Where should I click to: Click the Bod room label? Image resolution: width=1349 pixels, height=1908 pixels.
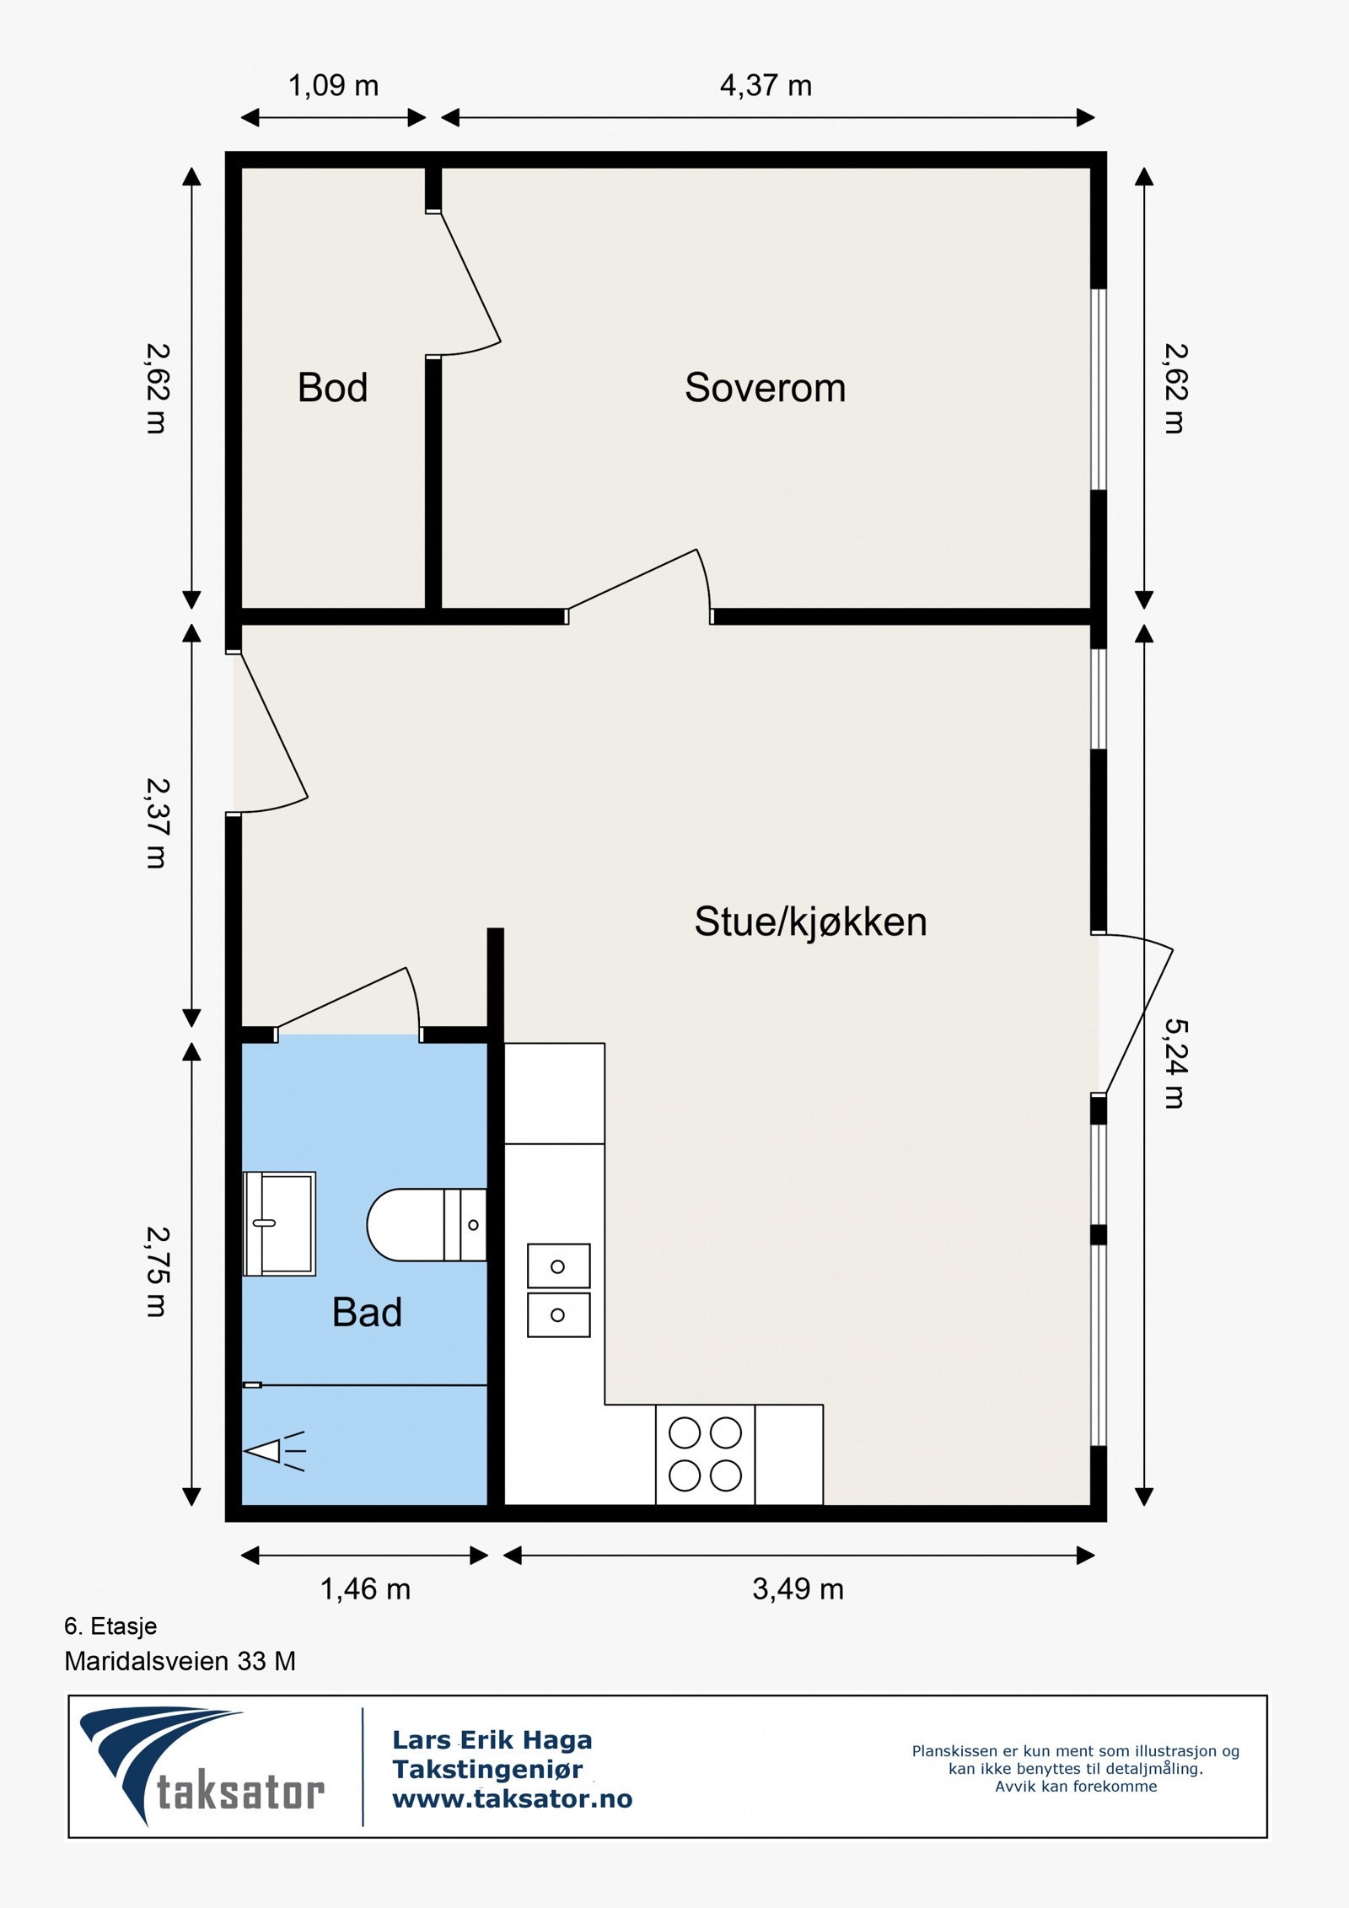coord(332,388)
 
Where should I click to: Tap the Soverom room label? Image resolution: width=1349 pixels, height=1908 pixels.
coord(765,388)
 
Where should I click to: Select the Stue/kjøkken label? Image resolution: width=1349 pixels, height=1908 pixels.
coord(810,922)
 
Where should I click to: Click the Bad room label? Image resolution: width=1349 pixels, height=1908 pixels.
coord(367,1312)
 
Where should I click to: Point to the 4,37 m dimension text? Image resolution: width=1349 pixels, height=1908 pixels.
coord(766,85)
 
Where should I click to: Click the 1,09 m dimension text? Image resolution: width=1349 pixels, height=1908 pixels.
coord(333,85)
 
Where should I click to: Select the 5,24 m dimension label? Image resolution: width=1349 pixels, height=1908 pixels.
coord(1174,1063)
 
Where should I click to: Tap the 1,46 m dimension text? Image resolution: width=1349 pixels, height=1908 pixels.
coord(365,1589)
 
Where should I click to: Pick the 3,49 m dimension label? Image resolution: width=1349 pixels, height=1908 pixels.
coord(798,1589)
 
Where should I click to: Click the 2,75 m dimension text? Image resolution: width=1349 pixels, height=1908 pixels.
coord(158,1271)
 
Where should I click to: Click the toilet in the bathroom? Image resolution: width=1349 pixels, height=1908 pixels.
coord(427,1224)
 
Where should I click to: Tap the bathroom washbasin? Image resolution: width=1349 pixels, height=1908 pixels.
coord(279,1223)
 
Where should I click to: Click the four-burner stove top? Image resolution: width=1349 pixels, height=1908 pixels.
coord(705,1454)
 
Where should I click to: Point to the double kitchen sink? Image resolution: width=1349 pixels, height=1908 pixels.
coord(558,1290)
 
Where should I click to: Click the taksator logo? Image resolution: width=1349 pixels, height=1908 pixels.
coord(202,1767)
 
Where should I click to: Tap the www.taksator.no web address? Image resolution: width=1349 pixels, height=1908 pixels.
coord(512,1799)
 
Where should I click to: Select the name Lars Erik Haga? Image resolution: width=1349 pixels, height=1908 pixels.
coord(492,1740)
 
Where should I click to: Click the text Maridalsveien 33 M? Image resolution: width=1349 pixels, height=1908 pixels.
coord(180,1662)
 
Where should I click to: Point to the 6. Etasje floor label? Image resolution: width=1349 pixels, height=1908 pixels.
coord(110,1626)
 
